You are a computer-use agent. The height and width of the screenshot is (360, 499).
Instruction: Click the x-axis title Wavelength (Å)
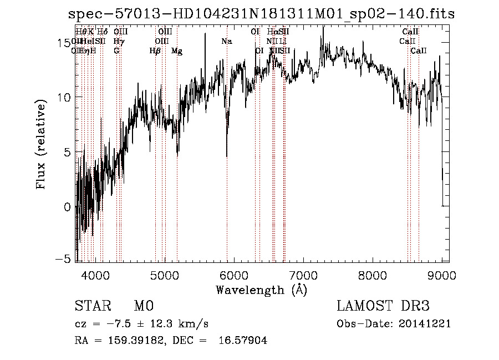[262, 290]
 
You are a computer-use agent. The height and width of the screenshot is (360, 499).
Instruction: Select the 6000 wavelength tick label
[234, 275]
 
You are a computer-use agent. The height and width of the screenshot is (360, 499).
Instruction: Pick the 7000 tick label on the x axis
[303, 275]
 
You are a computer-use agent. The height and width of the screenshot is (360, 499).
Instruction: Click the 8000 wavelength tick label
[373, 275]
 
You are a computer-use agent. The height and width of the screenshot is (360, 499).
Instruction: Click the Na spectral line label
[226, 42]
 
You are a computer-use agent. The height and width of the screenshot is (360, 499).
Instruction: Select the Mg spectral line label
[177, 51]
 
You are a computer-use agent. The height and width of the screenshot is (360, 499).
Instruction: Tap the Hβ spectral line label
[155, 51]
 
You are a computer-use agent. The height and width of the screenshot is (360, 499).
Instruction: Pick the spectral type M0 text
[143, 307]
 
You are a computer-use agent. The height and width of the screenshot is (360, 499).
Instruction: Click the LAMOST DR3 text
[383, 307]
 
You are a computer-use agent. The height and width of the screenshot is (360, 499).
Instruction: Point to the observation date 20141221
[425, 324]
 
